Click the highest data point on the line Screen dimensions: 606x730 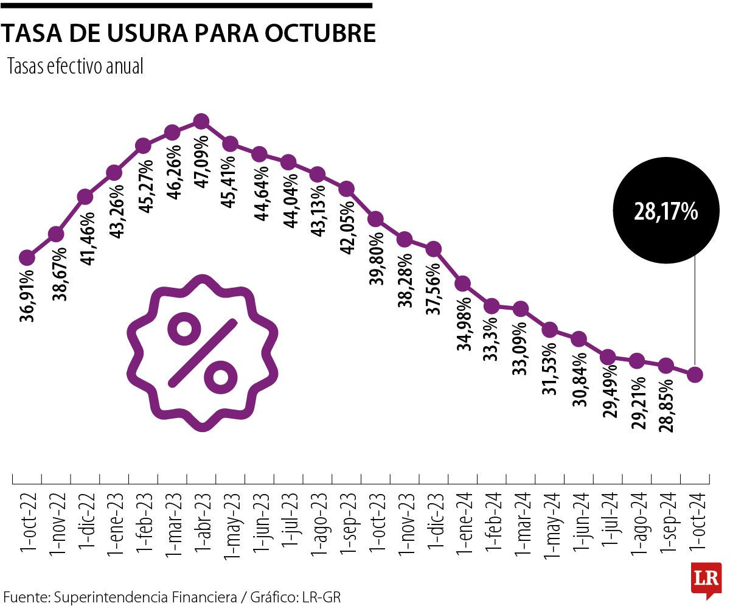coord(201,122)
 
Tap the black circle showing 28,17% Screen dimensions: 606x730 coord(666,211)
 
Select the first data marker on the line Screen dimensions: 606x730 coord(27,257)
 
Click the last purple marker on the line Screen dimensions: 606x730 coord(695,374)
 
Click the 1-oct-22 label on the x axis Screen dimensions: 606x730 coord(27,524)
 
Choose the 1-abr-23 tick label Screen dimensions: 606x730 coord(202,524)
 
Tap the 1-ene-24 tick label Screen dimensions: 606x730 coord(464,524)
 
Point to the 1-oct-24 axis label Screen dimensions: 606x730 coord(696,524)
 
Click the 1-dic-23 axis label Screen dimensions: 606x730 coord(434,524)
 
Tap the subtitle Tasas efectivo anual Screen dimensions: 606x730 coord(75,67)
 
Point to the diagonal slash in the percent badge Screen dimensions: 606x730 coord(202,353)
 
